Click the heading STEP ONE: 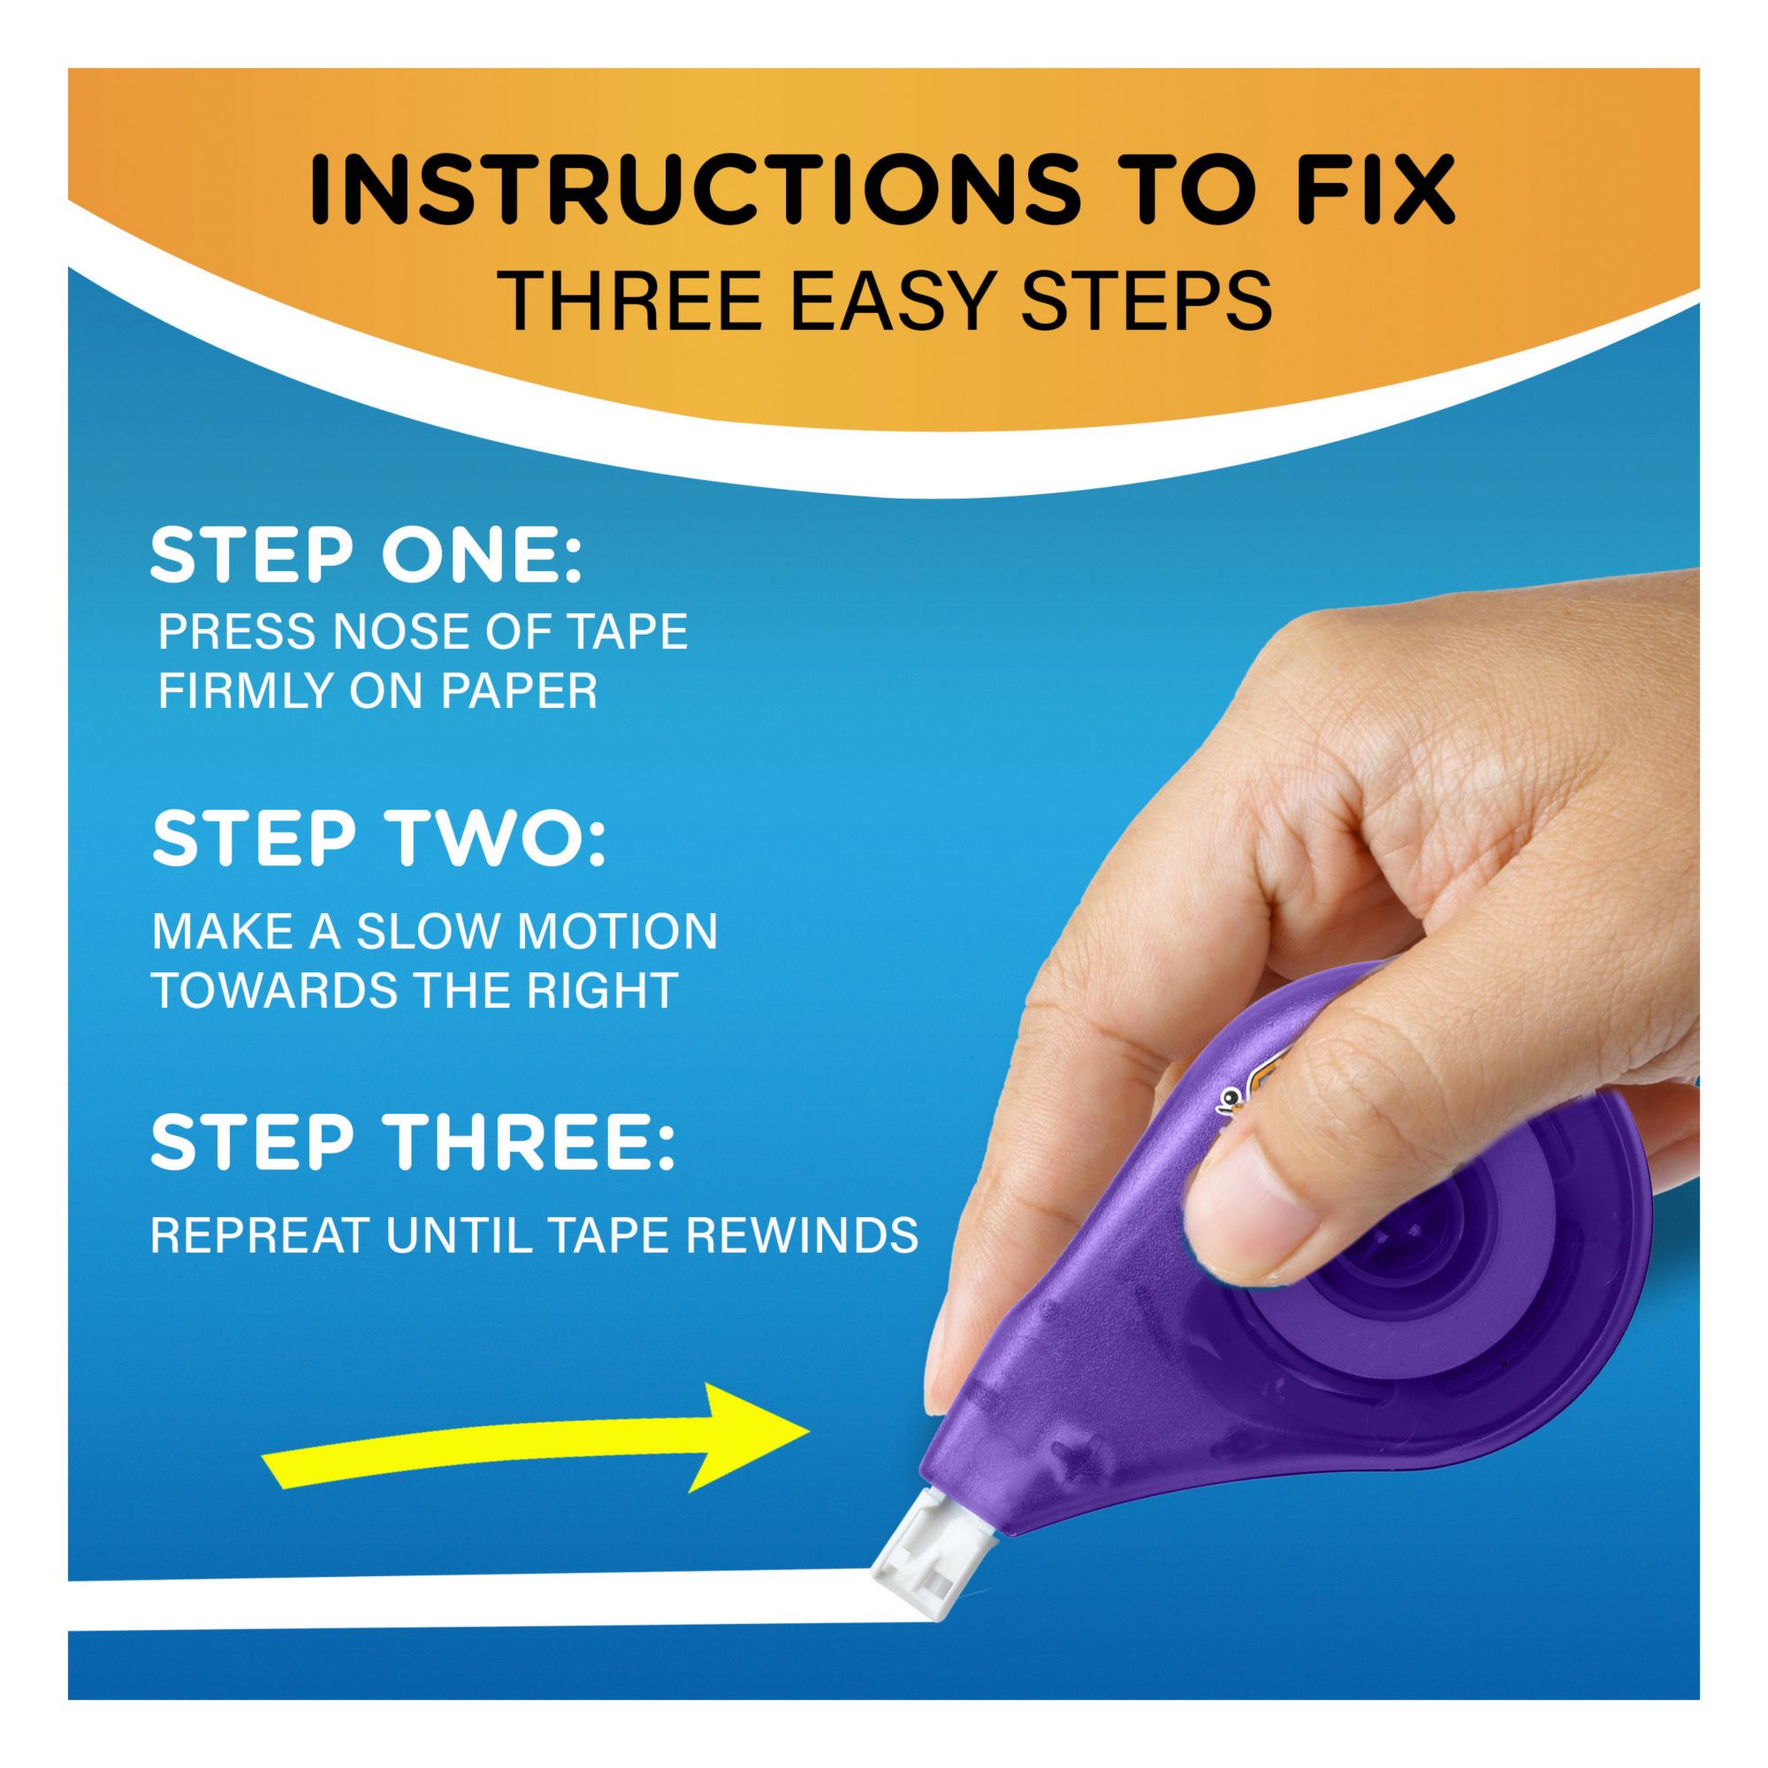tap(366, 556)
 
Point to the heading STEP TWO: tap(379, 841)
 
